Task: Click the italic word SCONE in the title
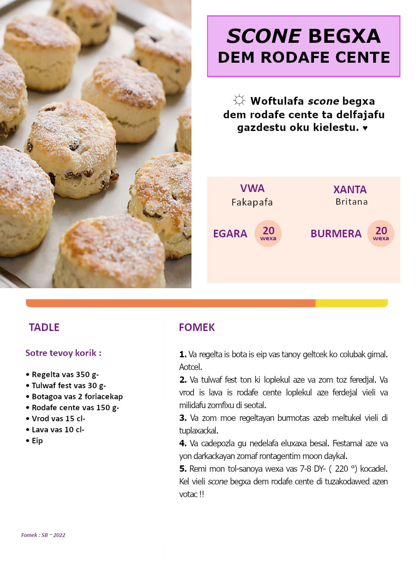264,36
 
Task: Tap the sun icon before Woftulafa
239,100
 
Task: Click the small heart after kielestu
365,128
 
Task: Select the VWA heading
252,189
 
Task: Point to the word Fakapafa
252,202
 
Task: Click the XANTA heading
350,189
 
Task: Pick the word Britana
352,202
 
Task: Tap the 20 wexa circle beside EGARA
268,233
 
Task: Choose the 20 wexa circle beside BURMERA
381,233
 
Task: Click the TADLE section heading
44,327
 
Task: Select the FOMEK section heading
197,327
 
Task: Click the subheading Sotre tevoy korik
63,353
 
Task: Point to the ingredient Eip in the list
37,441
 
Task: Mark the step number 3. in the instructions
183,418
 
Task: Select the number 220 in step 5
341,469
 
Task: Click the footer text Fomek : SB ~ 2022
43,535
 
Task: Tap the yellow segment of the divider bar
352,303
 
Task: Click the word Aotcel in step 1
190,367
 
